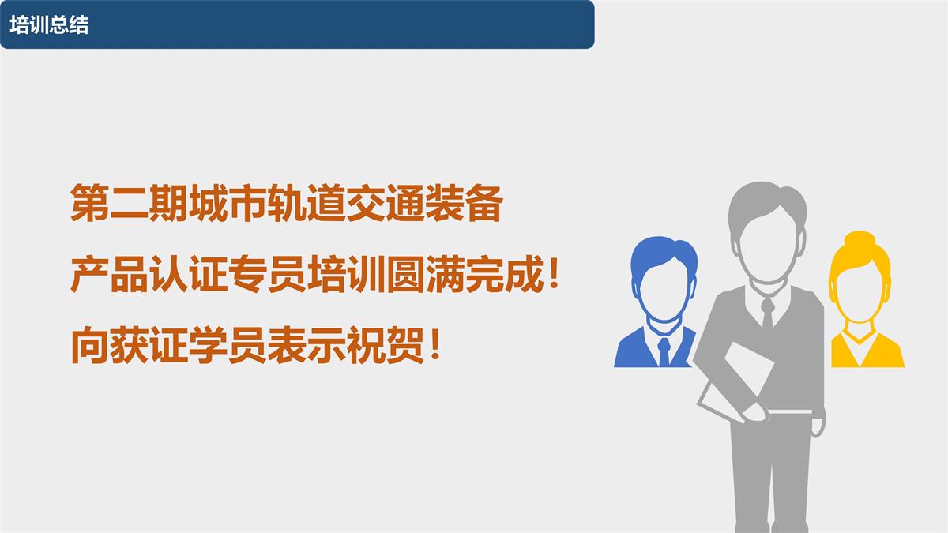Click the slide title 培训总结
point(49,24)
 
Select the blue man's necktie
point(664,351)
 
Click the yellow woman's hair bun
point(858,238)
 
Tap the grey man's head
point(767,229)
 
